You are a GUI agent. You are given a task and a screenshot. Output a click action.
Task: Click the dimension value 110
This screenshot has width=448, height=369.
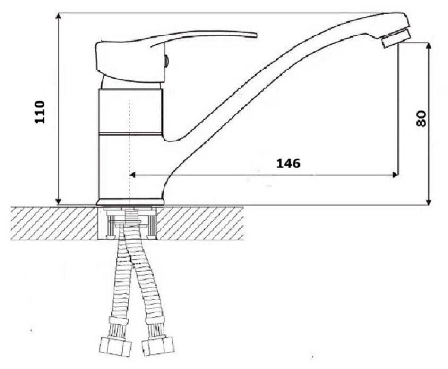40,112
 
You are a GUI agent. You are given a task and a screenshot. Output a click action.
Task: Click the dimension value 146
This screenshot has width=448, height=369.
288,164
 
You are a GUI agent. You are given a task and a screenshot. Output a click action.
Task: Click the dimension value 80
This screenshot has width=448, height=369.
421,118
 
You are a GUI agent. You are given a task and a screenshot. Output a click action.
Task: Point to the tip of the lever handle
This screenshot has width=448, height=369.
256,35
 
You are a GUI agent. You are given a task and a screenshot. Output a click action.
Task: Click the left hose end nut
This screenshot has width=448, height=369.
115,346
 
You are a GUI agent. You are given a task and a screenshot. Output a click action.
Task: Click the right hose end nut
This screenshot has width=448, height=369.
158,346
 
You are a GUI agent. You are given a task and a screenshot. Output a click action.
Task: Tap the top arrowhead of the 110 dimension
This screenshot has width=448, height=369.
58,17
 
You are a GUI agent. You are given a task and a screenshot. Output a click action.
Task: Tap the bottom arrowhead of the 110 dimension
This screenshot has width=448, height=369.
58,201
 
